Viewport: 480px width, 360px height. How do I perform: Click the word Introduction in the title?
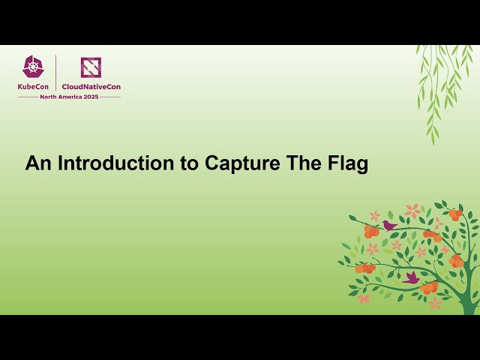[x=118, y=163]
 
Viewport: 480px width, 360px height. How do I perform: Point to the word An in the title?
[x=38, y=163]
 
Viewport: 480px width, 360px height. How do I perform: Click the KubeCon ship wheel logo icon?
[x=33, y=67]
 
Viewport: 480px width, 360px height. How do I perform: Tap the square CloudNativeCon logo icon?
[x=91, y=67]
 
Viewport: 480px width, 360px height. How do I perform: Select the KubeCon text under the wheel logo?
[x=34, y=86]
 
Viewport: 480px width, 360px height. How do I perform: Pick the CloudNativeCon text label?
[x=91, y=86]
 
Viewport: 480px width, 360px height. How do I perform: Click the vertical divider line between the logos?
[x=56, y=73]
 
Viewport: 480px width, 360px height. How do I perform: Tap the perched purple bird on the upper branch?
[x=389, y=225]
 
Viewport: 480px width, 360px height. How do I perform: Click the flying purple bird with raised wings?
[x=411, y=278]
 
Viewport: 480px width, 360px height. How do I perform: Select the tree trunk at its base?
[x=469, y=304]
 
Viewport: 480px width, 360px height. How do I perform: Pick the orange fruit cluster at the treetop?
[x=455, y=214]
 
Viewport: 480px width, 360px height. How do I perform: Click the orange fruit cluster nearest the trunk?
[x=457, y=261]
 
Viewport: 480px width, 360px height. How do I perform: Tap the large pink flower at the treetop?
[x=412, y=211]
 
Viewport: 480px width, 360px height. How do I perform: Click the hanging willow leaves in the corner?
[x=442, y=82]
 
